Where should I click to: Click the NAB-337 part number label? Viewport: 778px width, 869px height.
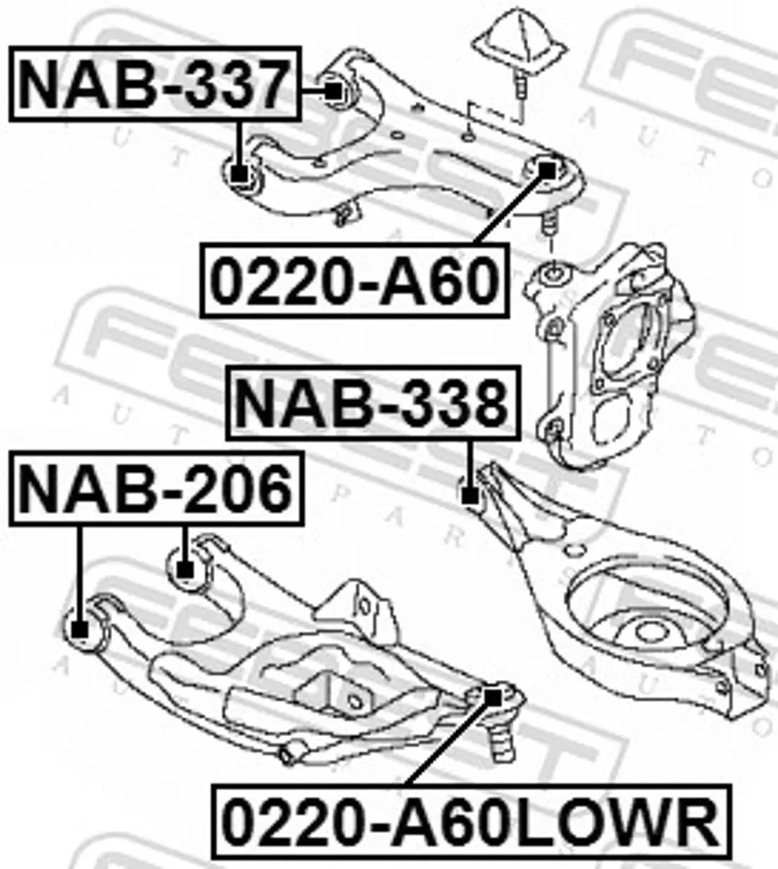click(155, 85)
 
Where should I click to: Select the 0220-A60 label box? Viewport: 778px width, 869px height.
click(354, 280)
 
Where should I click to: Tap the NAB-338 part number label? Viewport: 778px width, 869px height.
click(373, 403)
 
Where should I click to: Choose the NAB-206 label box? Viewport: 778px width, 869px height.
click(157, 489)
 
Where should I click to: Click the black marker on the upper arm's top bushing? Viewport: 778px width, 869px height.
click(334, 91)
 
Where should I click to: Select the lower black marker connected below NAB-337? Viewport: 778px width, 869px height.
click(238, 174)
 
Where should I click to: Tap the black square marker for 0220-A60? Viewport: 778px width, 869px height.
click(548, 170)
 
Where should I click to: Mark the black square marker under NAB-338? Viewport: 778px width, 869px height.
click(470, 495)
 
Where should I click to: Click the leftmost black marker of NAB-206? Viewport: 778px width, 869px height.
click(81, 629)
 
